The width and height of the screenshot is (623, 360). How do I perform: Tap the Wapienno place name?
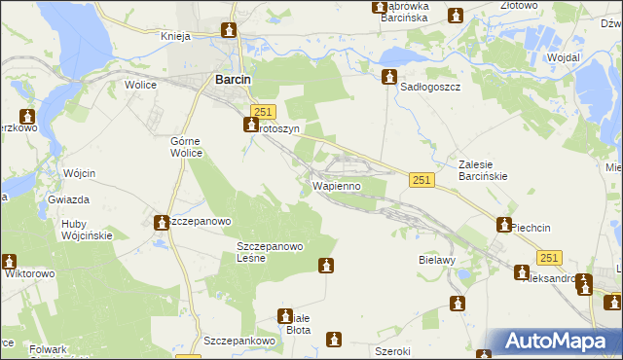click(x=337, y=185)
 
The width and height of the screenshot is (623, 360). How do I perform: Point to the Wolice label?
click(x=141, y=85)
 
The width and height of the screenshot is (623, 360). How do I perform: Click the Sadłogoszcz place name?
click(x=430, y=87)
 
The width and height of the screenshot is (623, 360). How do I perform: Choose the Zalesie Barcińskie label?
click(x=484, y=170)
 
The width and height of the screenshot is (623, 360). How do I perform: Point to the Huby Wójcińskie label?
click(x=87, y=229)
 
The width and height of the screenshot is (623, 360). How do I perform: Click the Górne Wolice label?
click(x=186, y=146)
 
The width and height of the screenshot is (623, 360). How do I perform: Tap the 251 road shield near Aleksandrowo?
click(x=549, y=258)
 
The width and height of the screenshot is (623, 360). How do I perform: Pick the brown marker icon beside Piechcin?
click(x=504, y=226)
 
